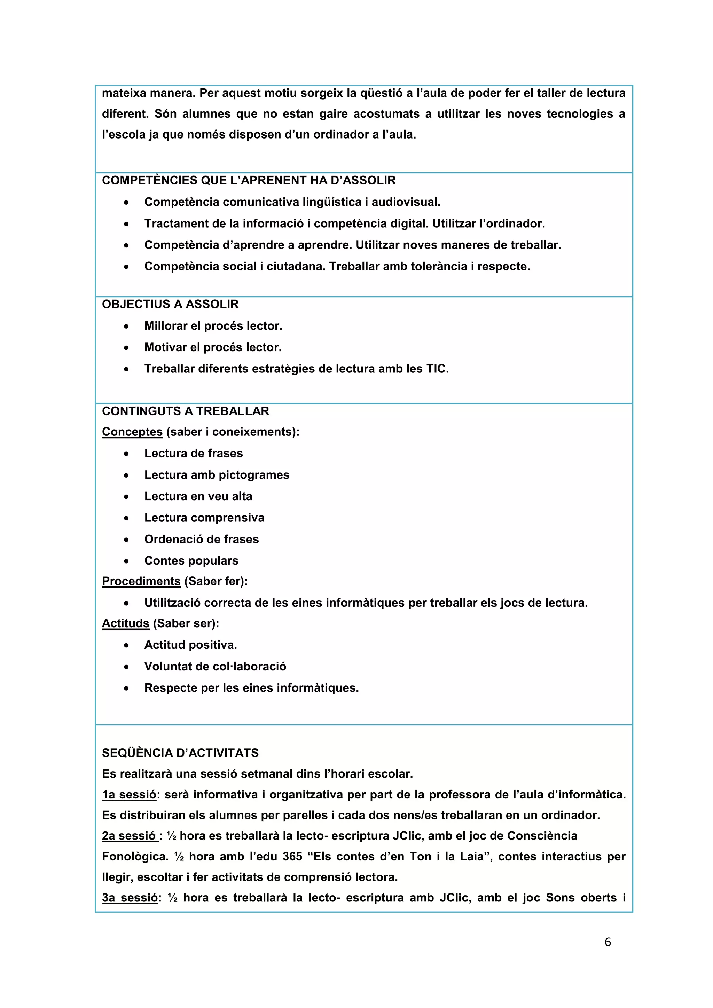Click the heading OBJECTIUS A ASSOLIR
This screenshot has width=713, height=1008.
(x=170, y=304)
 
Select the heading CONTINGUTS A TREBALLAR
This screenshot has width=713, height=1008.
(x=185, y=411)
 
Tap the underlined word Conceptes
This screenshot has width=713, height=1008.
(x=132, y=432)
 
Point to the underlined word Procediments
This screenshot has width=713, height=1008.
(x=141, y=581)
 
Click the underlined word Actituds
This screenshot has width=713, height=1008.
(x=126, y=623)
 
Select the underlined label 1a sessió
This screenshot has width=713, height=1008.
(x=129, y=795)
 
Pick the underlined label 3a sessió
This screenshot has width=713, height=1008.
(x=130, y=898)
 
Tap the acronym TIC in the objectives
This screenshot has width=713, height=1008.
(x=437, y=369)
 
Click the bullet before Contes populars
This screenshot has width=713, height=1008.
(x=126, y=561)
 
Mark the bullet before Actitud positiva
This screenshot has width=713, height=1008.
(x=126, y=645)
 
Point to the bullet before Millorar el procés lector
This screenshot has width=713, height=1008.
(x=126, y=326)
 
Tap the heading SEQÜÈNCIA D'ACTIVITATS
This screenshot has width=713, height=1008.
(x=180, y=753)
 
